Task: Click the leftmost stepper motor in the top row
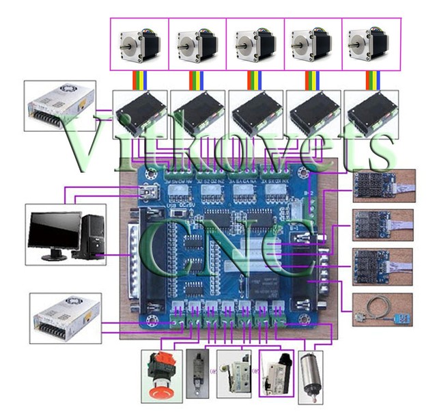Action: pyautogui.click(x=139, y=44)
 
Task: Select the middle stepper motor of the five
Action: pyautogui.click(x=255, y=44)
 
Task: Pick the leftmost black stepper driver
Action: pyautogui.click(x=139, y=110)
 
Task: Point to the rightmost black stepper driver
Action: pyautogui.click(x=371, y=110)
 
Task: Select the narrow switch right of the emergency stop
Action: pyautogui.click(x=197, y=373)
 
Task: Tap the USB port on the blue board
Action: pyautogui.click(x=146, y=193)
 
